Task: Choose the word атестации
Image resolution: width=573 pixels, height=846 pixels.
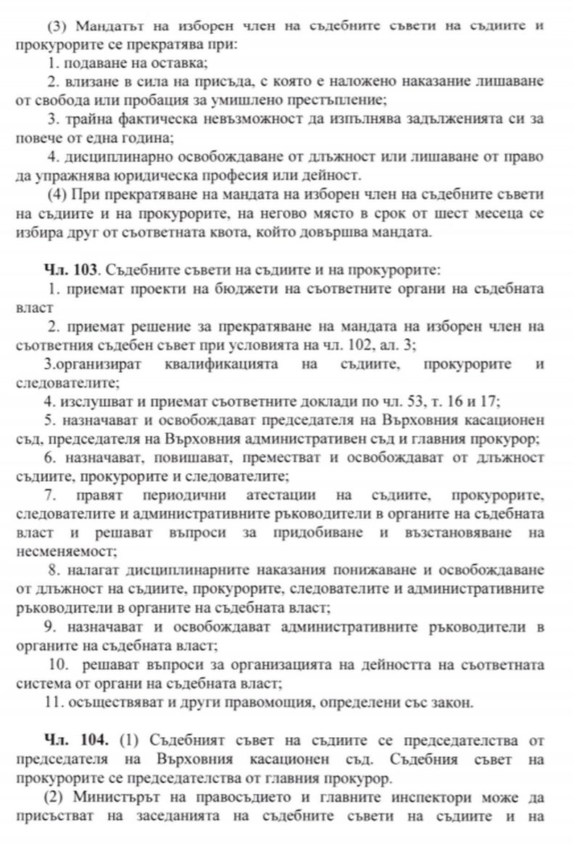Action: (282, 496)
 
